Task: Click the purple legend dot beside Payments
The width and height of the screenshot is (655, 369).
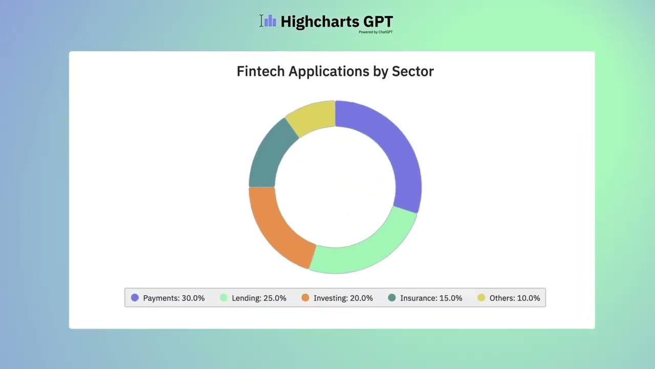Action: pos(135,298)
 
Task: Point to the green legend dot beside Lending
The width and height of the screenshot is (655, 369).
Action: pos(224,298)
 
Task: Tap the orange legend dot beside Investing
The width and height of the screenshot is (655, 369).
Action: pos(305,298)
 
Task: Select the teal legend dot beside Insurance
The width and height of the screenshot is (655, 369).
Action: pos(392,298)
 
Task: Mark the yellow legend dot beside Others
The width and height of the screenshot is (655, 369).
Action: pos(481,298)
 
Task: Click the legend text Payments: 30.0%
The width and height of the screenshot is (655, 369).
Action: pos(173,298)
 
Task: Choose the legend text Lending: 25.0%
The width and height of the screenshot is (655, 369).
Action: pos(259,298)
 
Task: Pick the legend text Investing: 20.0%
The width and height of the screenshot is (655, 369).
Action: pos(343,298)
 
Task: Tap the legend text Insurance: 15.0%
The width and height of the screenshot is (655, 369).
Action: pos(431,298)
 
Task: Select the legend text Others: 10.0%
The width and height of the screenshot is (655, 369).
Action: pos(514,298)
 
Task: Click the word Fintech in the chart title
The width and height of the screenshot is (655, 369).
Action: pos(260,71)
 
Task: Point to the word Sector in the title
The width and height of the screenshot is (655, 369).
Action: pos(412,71)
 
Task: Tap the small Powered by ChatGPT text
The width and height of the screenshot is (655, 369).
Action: pos(375,32)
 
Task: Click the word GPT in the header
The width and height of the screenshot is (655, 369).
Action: pos(378,22)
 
